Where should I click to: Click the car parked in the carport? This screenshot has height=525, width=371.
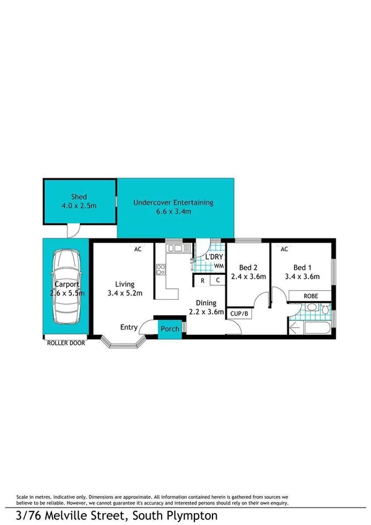click(x=66, y=287)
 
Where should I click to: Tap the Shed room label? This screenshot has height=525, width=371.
click(x=79, y=197)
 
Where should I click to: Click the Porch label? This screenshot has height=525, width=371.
click(x=170, y=329)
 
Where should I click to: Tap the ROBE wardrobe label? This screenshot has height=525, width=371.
click(x=312, y=297)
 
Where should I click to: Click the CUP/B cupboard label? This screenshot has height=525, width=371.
click(x=239, y=315)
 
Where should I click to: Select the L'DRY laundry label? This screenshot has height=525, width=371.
click(x=215, y=257)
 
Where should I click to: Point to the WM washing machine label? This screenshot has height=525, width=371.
click(x=218, y=266)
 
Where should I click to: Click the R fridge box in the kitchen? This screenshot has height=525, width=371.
click(x=203, y=280)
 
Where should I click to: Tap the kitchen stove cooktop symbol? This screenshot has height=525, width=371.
click(x=160, y=269)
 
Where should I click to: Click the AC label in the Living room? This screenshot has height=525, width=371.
click(x=139, y=249)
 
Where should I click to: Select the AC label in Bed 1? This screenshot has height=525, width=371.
click(x=284, y=249)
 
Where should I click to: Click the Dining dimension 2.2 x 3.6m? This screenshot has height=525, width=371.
click(x=206, y=312)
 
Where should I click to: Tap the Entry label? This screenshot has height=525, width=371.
click(x=129, y=328)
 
